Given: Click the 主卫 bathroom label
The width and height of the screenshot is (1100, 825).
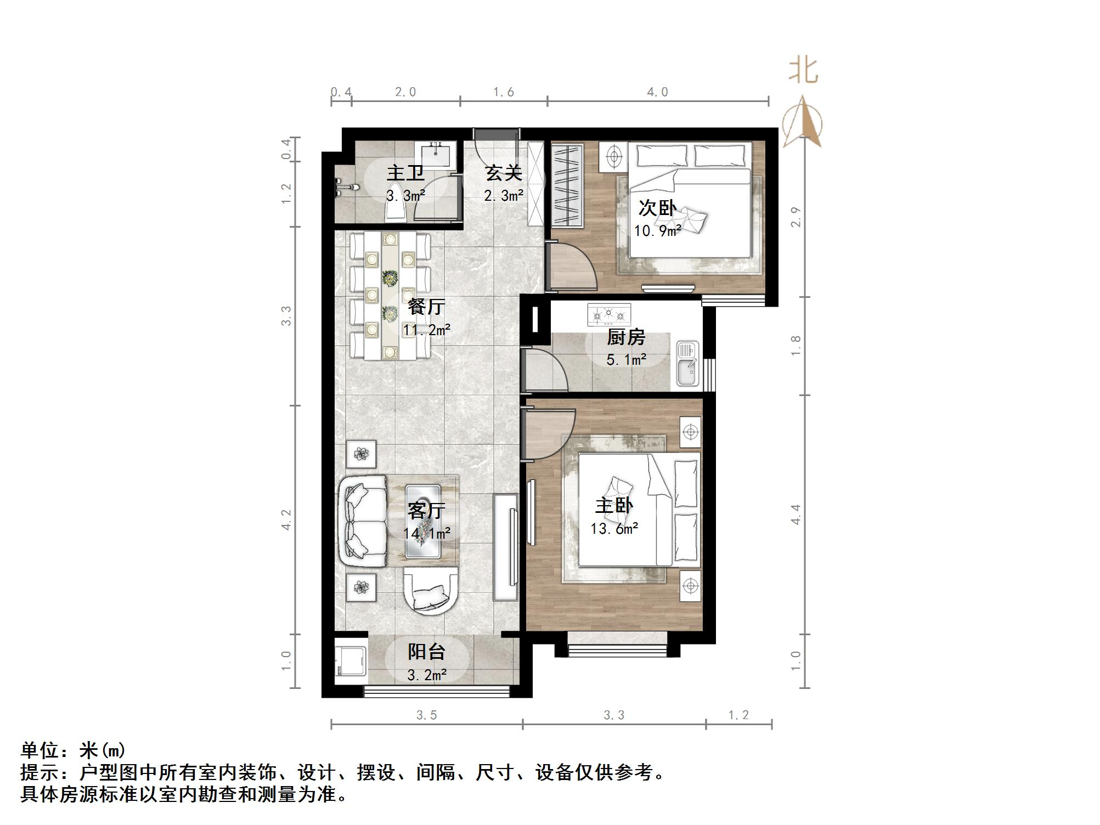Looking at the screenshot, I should click(405, 173).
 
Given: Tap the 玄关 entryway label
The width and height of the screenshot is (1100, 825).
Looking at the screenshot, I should click(503, 173).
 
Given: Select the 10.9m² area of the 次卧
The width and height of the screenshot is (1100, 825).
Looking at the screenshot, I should click(657, 231).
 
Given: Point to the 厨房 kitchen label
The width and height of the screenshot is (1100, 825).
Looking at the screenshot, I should click(626, 337).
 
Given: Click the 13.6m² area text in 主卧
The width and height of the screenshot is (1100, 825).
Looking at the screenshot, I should click(614, 529).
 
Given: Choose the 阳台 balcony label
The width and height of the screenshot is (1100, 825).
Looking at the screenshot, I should click(426, 652).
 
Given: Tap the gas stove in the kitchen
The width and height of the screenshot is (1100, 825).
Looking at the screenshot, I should click(608, 315).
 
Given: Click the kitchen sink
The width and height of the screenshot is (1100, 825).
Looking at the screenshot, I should click(687, 363).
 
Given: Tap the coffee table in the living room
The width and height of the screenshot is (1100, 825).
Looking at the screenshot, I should click(423, 521).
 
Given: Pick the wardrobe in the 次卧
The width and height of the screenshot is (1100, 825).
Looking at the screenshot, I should click(567, 185).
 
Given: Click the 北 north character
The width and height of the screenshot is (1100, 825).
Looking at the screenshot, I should click(804, 71).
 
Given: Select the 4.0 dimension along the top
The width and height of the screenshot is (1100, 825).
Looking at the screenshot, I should click(657, 92).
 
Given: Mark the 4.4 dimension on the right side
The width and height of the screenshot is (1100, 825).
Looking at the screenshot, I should click(796, 515).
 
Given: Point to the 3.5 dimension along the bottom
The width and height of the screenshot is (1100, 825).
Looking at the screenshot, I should click(426, 715).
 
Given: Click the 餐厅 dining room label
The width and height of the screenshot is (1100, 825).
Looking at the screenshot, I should click(426, 307).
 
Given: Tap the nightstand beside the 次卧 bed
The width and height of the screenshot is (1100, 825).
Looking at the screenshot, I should click(614, 156).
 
